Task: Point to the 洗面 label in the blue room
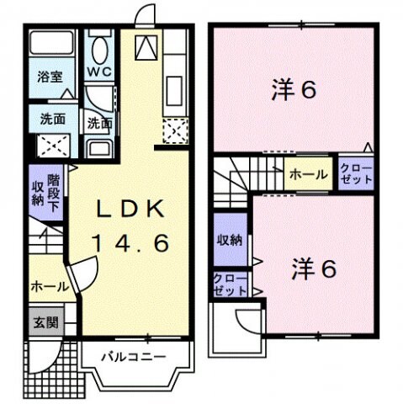click(52, 120)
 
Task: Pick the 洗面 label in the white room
click(100, 122)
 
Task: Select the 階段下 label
click(54, 190)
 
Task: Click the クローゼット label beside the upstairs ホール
click(355, 174)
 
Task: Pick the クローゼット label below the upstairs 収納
click(230, 284)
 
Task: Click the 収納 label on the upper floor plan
click(229, 240)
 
